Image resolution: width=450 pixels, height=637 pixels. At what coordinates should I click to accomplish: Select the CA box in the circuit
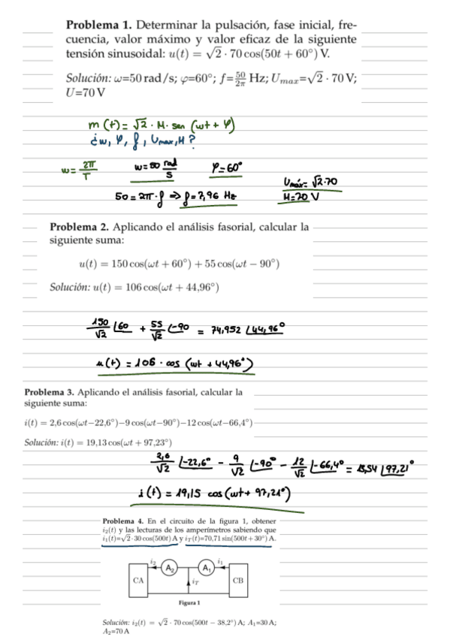click(137, 581)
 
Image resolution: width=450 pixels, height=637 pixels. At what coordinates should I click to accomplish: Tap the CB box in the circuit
click(237, 581)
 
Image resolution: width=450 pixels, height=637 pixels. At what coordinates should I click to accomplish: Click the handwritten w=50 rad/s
click(158, 170)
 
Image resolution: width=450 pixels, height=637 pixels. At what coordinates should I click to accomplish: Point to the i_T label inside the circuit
click(194, 580)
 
